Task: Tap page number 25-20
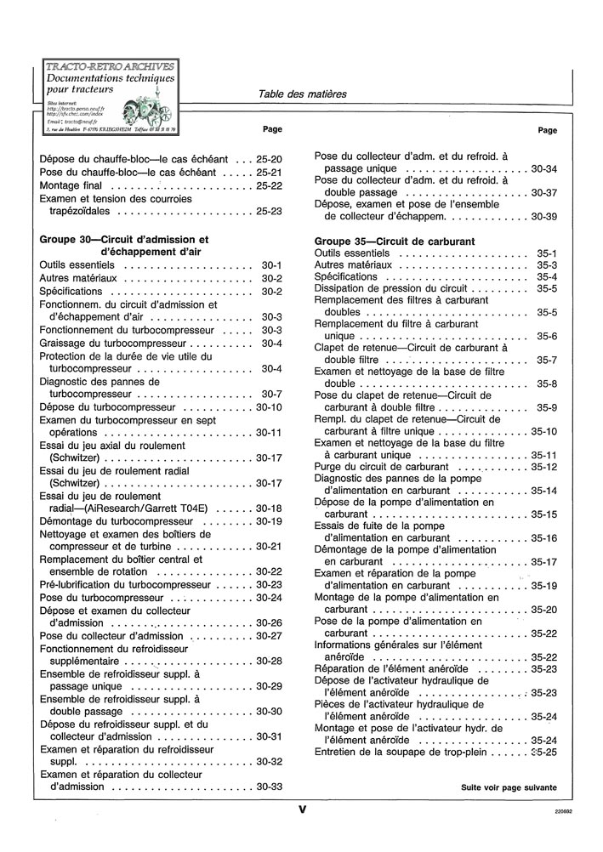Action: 269,159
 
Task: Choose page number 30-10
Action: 269,407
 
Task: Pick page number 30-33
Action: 269,787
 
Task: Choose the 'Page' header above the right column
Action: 548,130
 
